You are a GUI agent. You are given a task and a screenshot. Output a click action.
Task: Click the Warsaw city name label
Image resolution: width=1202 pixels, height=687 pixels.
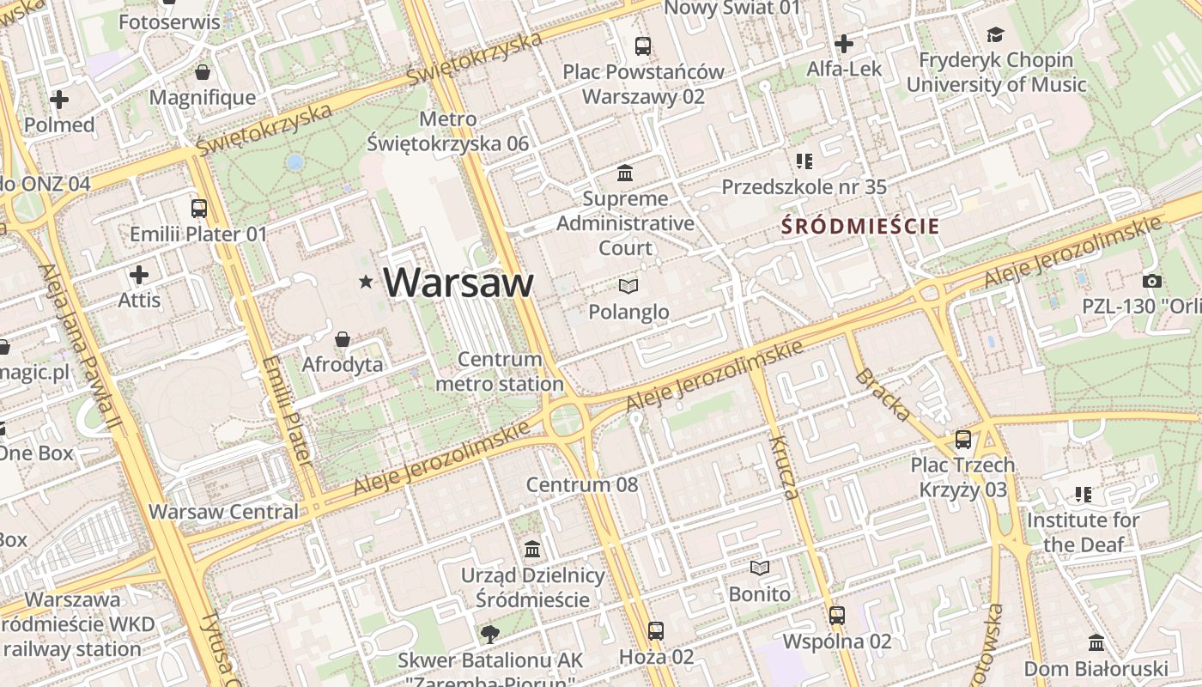(x=458, y=282)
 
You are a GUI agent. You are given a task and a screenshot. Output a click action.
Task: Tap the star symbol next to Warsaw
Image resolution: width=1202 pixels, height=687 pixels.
(x=367, y=281)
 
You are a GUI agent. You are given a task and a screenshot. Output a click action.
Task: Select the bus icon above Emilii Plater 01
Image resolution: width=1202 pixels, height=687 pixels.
(x=198, y=208)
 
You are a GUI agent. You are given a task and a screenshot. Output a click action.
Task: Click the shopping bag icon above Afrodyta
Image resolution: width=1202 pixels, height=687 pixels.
(x=343, y=339)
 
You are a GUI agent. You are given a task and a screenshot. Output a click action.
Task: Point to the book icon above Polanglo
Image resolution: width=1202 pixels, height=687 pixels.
(x=628, y=286)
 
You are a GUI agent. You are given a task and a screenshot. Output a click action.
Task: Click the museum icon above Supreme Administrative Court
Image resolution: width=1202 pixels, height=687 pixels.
(x=625, y=173)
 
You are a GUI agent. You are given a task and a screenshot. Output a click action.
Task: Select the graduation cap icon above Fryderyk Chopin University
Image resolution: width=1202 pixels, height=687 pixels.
(x=995, y=34)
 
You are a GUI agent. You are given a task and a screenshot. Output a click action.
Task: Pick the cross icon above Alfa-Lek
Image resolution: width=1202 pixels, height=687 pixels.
(x=844, y=43)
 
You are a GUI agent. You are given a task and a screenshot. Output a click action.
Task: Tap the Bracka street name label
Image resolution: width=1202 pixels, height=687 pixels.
(x=883, y=394)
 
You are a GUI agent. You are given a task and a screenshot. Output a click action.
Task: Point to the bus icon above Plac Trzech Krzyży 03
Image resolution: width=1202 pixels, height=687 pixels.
(x=963, y=440)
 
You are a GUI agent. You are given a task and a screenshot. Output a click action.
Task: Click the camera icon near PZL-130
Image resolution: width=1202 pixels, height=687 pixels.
(x=1151, y=281)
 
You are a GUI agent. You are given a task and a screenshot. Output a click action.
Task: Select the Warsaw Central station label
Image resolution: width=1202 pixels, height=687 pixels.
(x=223, y=512)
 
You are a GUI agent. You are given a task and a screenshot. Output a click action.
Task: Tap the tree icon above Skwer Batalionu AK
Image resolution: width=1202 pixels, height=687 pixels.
(x=490, y=635)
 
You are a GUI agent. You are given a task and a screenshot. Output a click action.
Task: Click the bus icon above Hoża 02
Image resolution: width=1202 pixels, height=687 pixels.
(x=656, y=631)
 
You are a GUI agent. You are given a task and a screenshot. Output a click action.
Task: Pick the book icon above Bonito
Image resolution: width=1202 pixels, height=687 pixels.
(x=759, y=568)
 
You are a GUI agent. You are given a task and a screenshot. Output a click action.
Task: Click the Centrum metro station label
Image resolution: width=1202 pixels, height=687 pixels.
(x=500, y=371)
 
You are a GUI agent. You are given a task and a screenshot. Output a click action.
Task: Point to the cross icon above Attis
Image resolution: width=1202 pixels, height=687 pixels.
(x=139, y=275)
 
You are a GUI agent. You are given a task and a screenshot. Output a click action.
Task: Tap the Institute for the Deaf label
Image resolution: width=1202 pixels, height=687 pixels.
(x=1083, y=532)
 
